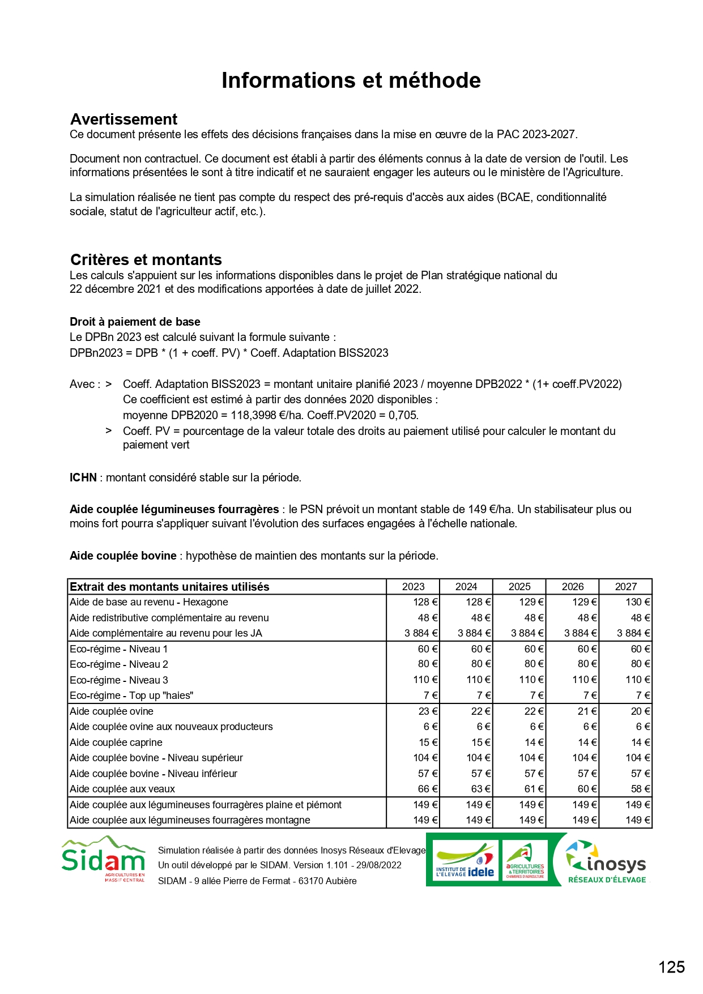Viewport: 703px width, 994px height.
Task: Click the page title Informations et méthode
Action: (x=351, y=80)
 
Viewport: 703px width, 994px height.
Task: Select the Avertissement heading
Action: (x=123, y=119)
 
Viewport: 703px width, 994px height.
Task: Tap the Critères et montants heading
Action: (x=146, y=259)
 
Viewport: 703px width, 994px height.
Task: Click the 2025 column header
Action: (x=519, y=587)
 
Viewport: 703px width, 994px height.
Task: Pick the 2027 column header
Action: (x=626, y=587)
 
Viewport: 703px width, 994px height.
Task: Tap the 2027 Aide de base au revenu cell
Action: (x=637, y=602)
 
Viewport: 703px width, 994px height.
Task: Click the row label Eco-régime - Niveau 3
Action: (x=119, y=680)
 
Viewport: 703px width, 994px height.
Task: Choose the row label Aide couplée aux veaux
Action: (x=122, y=789)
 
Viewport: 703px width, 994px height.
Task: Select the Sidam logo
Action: (x=104, y=859)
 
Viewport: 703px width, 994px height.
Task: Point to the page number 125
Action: (x=671, y=967)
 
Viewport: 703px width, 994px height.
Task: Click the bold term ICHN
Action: (x=83, y=477)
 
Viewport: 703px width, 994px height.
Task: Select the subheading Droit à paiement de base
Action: (x=135, y=322)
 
